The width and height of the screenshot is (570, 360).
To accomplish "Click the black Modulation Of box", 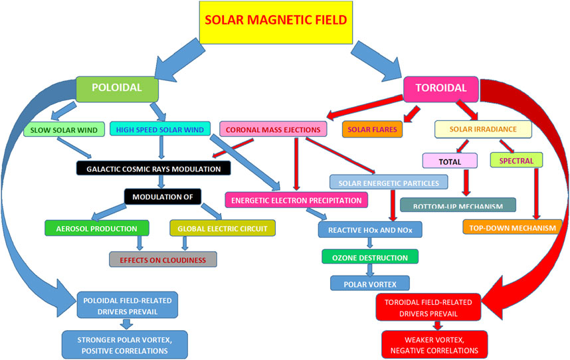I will pos(163,197).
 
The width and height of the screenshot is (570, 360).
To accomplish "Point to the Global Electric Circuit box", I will pos(222,228).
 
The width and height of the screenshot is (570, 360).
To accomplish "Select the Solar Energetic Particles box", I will pos(388,181).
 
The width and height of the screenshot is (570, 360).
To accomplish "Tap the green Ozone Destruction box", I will pos(369,256).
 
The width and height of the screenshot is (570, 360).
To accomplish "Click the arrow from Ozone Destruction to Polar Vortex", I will pos(369,270).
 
